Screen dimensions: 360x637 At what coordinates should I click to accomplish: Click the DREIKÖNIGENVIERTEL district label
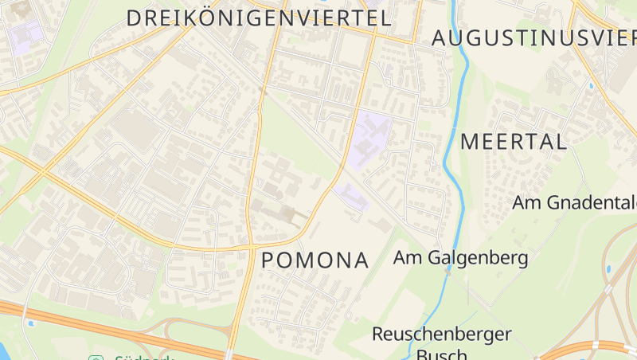(x=259, y=18)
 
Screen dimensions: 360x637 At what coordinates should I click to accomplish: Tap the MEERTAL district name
(x=514, y=143)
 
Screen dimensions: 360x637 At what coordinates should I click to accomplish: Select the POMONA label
(x=315, y=260)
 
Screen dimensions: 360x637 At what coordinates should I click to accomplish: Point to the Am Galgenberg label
(x=461, y=258)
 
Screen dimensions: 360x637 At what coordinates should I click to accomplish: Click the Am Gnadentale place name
(x=573, y=202)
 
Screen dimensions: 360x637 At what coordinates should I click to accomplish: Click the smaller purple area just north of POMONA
(x=352, y=194)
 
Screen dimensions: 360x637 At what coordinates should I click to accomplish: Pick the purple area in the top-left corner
(x=26, y=33)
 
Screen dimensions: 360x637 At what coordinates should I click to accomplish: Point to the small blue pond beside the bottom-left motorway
(x=31, y=323)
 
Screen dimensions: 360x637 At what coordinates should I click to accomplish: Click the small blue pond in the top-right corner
(x=591, y=84)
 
